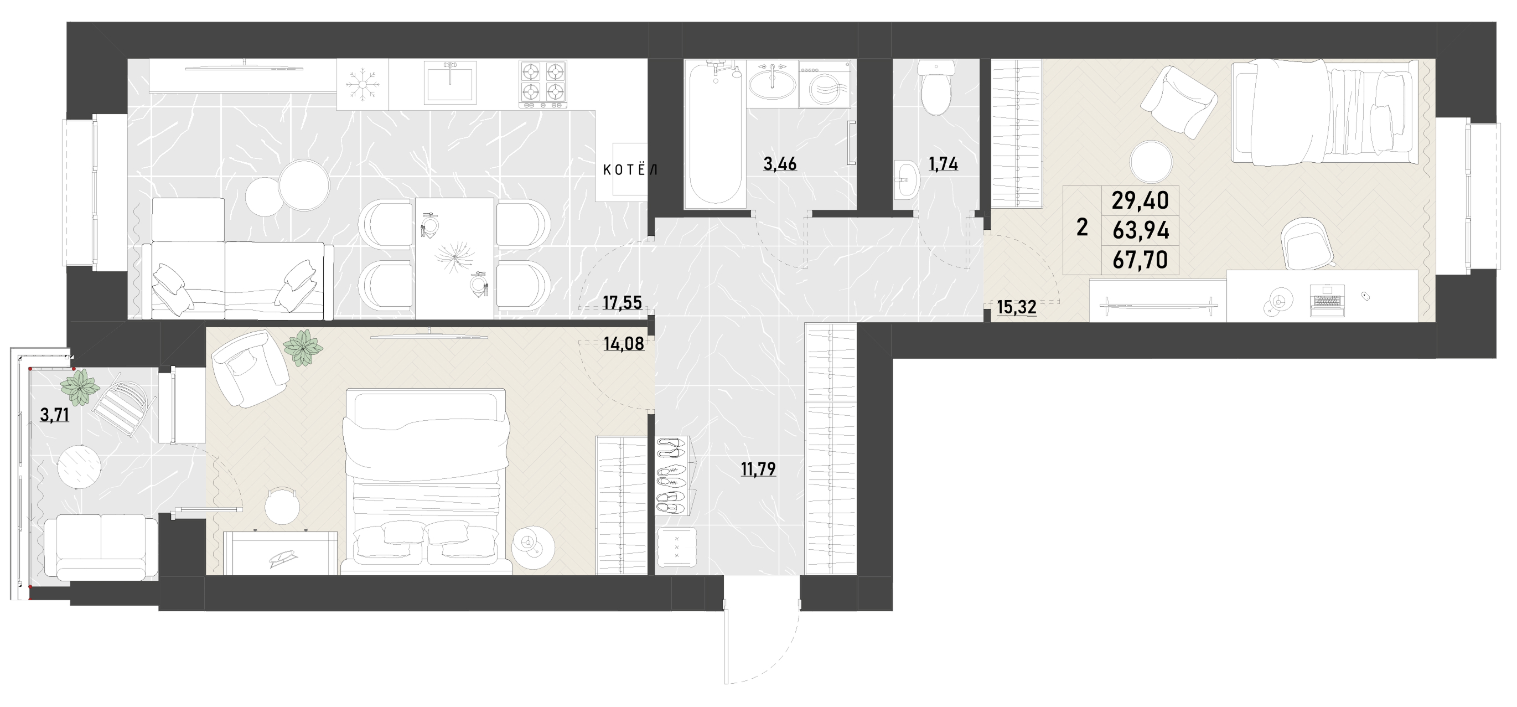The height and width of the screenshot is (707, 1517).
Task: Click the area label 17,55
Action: coord(623,303)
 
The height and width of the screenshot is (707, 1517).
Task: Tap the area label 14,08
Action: coord(624,343)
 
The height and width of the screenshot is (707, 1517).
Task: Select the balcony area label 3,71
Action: coord(55,415)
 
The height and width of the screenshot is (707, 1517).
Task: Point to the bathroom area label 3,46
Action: coord(780,164)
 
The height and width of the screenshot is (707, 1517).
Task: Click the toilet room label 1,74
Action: coord(944,164)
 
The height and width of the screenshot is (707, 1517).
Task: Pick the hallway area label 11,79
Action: coord(758,469)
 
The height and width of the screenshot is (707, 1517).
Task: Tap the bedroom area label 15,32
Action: coord(1017,307)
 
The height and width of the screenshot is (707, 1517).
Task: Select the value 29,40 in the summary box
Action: coord(1140,201)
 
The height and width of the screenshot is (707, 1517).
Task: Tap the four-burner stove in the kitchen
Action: coord(542,84)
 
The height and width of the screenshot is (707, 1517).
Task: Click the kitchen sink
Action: coord(451,82)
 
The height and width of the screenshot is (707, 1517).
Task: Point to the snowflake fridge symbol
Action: coord(363,85)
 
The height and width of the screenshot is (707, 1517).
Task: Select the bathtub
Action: coord(715,134)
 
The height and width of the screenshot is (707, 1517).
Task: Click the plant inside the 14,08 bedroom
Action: coord(303,348)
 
